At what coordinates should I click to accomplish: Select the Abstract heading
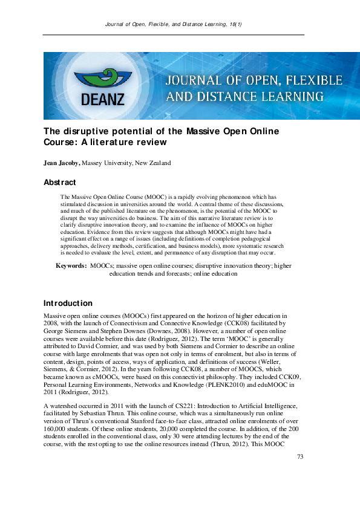[60, 182]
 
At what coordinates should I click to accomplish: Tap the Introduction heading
[68, 302]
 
